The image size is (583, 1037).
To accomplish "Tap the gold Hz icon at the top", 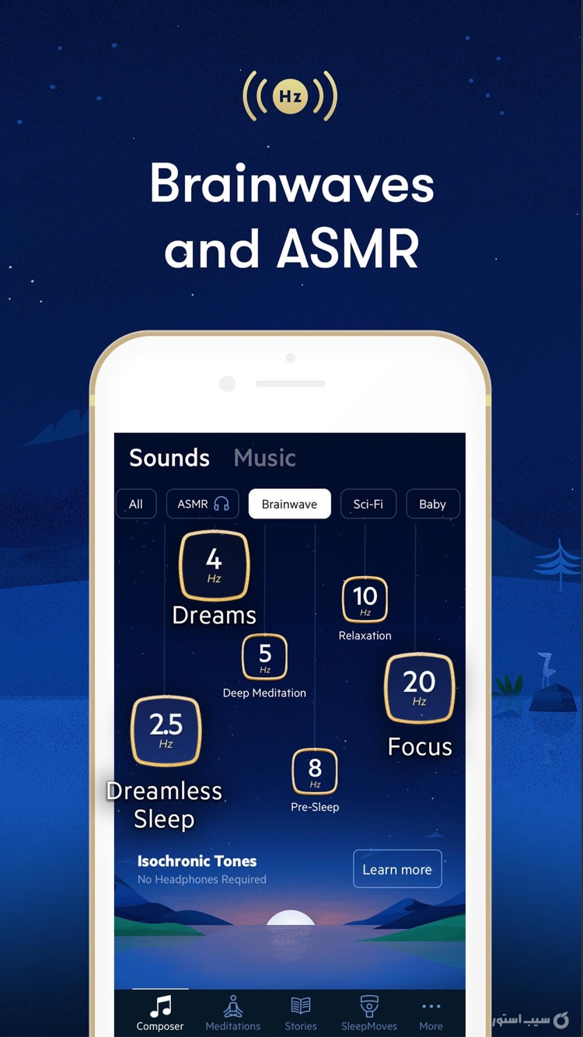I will click(x=290, y=96).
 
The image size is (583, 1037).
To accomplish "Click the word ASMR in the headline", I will click(x=347, y=249).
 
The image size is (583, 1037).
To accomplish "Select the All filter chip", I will click(x=136, y=504).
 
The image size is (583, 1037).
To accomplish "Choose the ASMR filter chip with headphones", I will click(x=203, y=504).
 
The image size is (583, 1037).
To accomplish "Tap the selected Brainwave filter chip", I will click(x=289, y=504).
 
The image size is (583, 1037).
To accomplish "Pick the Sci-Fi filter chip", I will click(x=368, y=504).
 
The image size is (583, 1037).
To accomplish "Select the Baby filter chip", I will click(x=432, y=504).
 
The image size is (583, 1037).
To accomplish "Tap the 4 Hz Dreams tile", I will click(x=214, y=566).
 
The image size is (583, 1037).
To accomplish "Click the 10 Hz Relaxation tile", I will click(x=365, y=599).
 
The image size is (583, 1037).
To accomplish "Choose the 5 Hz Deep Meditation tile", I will click(x=264, y=657).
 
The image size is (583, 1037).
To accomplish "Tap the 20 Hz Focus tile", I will click(x=419, y=688).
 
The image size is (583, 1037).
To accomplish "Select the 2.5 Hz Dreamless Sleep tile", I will click(x=166, y=730).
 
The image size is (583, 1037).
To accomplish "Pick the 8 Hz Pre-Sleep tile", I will click(x=315, y=771).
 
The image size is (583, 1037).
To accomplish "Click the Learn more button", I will click(x=397, y=869).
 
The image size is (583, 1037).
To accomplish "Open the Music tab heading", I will click(x=264, y=458).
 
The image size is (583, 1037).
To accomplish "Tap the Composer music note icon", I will click(x=160, y=1007).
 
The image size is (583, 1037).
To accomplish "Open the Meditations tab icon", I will click(x=232, y=1007).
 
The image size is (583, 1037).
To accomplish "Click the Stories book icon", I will click(x=301, y=1006).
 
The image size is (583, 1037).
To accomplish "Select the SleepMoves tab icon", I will click(x=369, y=1006).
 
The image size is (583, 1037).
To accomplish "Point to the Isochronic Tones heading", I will click(x=197, y=861).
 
